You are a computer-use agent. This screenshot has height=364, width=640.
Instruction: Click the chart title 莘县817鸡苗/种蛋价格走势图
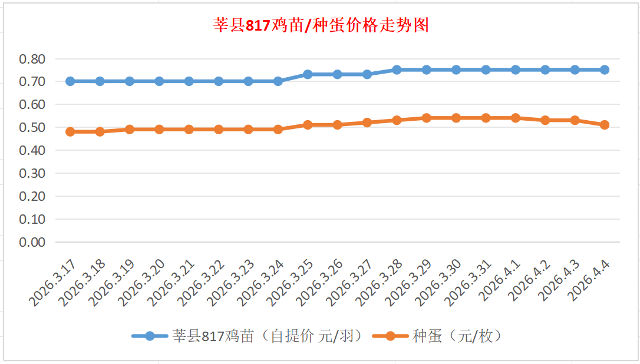(x=321, y=25)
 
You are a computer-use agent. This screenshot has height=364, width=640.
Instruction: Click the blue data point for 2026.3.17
(x=70, y=81)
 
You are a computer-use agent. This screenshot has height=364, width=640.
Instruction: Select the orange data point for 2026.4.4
(x=604, y=125)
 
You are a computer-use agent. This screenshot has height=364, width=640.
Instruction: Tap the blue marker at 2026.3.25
(x=308, y=74)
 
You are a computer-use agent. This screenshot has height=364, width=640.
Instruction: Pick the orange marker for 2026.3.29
(x=426, y=118)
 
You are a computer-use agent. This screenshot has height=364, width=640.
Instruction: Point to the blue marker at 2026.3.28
(x=397, y=70)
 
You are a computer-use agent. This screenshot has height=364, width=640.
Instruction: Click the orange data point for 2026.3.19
(x=130, y=129)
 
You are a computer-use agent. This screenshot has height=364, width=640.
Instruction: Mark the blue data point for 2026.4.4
(x=604, y=70)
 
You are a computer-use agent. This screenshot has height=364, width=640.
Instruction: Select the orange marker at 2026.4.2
(x=545, y=120)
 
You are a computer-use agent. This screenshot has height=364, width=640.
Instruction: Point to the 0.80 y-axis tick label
(x=32, y=59)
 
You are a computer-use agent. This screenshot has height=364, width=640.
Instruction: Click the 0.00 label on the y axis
(x=32, y=242)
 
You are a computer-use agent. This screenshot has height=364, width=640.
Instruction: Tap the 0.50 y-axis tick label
(x=32, y=127)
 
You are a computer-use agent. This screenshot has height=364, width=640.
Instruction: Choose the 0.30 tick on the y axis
(x=32, y=173)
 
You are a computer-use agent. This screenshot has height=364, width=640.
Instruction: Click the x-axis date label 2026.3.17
(x=53, y=284)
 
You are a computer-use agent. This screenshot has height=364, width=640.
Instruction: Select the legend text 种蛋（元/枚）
(x=457, y=336)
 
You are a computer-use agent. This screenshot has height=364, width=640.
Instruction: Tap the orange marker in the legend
(x=390, y=336)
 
